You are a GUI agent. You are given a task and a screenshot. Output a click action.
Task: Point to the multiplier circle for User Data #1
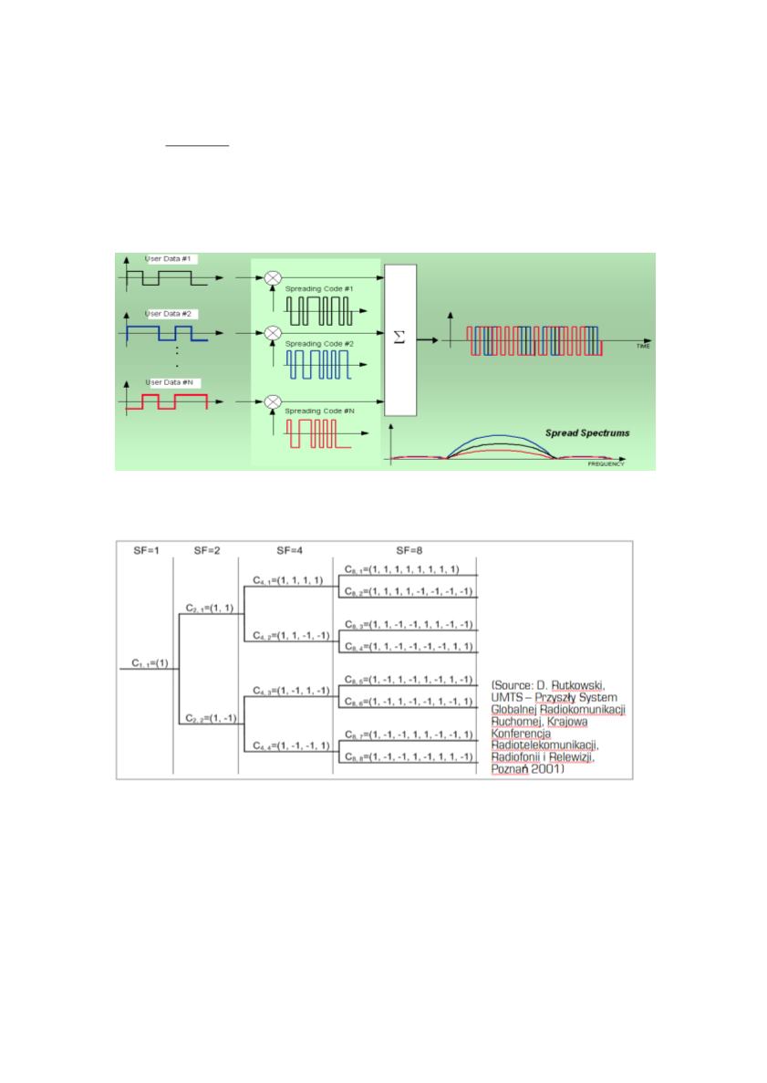(272, 273)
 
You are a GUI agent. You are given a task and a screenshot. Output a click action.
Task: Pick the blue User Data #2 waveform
(167, 332)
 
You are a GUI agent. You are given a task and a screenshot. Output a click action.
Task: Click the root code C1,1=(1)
(146, 665)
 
